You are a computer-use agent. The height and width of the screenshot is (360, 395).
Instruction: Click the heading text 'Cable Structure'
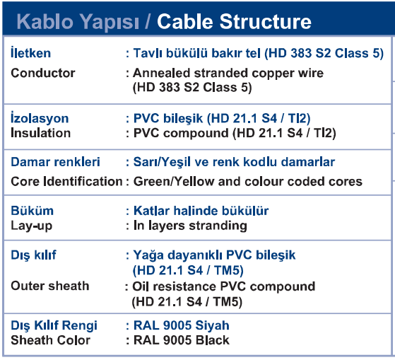click(x=234, y=21)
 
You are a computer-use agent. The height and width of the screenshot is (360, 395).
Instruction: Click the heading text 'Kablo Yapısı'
click(x=78, y=23)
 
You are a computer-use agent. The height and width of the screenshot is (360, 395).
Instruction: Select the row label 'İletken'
click(x=30, y=52)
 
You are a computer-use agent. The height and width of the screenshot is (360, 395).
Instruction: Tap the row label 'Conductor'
click(x=43, y=73)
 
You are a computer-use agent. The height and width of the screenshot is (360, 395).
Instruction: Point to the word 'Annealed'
click(x=162, y=73)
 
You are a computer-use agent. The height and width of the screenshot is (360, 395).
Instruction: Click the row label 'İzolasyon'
click(x=40, y=117)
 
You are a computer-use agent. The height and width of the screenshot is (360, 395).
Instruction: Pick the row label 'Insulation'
click(x=40, y=133)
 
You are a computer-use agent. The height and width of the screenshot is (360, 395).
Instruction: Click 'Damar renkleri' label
click(x=55, y=161)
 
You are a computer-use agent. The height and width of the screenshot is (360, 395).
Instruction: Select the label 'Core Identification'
click(x=66, y=181)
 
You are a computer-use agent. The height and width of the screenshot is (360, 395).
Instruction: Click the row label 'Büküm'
click(x=33, y=211)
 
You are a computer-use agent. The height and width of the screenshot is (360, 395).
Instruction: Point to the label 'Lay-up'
click(x=32, y=226)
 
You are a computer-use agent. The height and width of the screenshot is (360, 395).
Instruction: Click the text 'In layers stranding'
click(x=190, y=226)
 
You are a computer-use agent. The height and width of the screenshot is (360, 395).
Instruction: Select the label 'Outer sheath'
click(x=50, y=286)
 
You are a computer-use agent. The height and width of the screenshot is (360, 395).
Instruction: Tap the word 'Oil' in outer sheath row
click(x=141, y=286)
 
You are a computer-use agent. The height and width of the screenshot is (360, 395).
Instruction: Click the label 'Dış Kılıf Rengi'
click(x=54, y=325)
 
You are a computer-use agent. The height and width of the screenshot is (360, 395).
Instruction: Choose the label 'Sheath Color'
click(x=50, y=340)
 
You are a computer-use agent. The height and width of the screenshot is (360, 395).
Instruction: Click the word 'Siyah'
click(x=212, y=325)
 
